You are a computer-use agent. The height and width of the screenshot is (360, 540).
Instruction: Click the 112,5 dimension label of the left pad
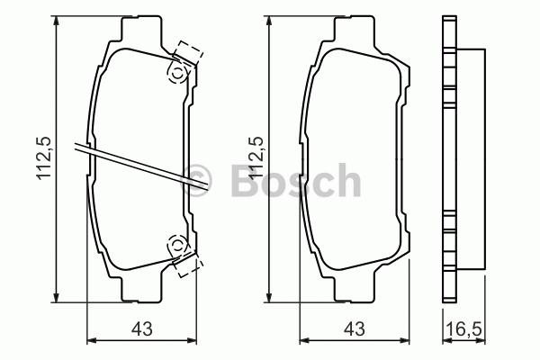pos(44,157)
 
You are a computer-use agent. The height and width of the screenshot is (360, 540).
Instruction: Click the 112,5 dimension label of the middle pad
pos(256,157)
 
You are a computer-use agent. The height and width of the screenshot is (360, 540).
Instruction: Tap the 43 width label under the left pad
pos(141,329)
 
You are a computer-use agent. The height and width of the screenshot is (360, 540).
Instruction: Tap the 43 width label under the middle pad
pos(355,329)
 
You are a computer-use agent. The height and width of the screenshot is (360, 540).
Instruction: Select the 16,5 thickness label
pos(464,329)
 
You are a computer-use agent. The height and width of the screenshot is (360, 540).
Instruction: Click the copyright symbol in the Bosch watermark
pos(195,180)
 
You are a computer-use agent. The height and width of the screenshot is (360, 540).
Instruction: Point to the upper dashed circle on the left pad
pos(177,73)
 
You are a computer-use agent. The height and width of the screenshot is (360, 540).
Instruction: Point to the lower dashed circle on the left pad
pos(177,245)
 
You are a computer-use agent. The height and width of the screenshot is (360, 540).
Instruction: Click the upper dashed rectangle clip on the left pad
pos(188,53)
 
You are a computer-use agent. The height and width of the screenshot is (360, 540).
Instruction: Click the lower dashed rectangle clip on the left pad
pos(188,265)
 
